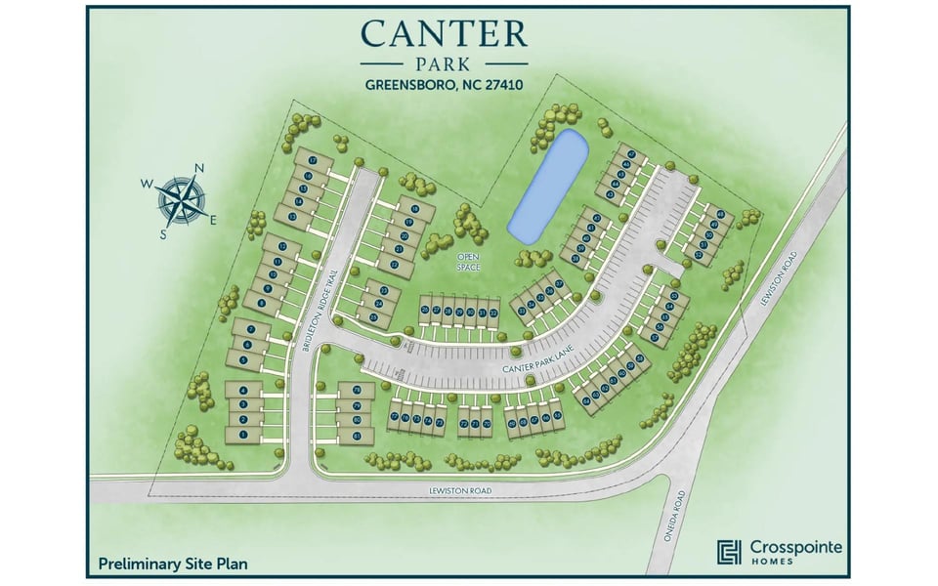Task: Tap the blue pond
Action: click(548, 186)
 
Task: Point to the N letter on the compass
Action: click(199, 168)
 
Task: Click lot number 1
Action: click(242, 433)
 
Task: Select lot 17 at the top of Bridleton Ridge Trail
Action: click(312, 159)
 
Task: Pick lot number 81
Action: click(358, 433)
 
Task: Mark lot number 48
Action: click(721, 214)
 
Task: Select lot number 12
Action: click(282, 247)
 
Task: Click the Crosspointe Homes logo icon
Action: click(728, 552)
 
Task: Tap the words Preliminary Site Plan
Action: click(173, 564)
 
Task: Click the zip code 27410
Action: click(500, 85)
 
